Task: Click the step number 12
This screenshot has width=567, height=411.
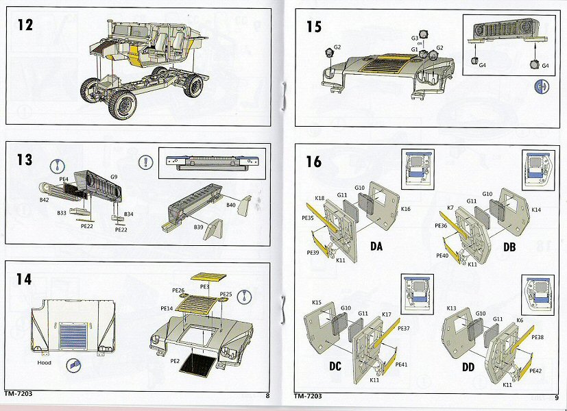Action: tap(25, 25)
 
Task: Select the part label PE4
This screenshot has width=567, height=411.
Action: tap(63, 179)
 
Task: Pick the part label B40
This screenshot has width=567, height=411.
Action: tap(231, 205)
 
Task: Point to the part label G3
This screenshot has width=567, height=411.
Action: tap(414, 37)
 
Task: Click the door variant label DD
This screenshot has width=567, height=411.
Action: tap(468, 368)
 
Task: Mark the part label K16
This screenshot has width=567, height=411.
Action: tap(405, 208)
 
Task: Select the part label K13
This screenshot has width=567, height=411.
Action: tap(451, 308)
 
